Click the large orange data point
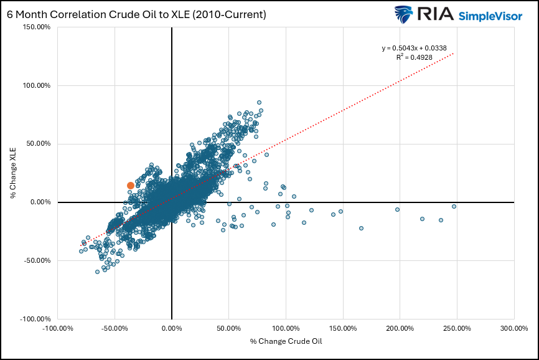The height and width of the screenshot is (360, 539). (131, 186)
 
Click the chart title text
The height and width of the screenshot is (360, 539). (136, 14)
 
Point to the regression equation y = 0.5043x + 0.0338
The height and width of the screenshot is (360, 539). (416, 48)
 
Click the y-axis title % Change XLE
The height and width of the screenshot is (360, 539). (13, 173)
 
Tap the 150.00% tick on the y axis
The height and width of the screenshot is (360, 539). (35, 27)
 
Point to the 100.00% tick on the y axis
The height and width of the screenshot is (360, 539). (35, 85)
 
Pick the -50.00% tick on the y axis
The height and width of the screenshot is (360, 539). (35, 260)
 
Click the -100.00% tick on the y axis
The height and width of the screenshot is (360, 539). (34, 318)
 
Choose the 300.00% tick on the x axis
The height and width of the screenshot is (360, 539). (513, 328)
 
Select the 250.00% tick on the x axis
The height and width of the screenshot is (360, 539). (456, 328)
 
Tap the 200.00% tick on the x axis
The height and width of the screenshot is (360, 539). (400, 328)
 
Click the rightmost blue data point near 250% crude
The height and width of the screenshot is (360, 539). (454, 206)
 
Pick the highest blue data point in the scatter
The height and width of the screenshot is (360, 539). (259, 102)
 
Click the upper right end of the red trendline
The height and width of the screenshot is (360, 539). (454, 54)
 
